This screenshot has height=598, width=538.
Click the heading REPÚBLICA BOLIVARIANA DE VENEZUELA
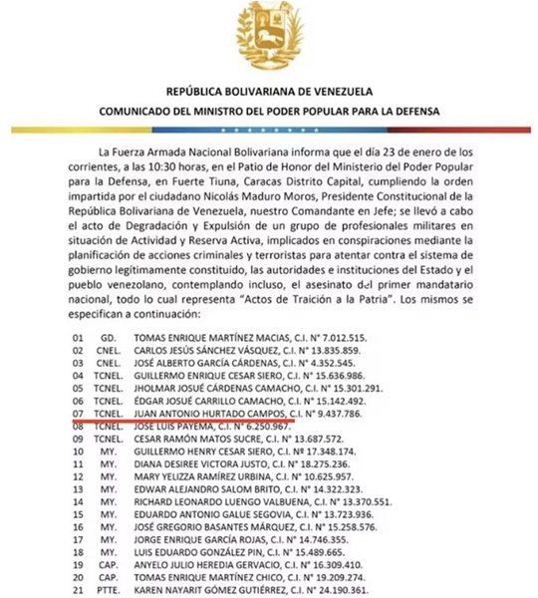pos(269,90)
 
